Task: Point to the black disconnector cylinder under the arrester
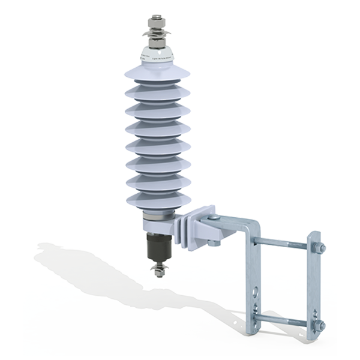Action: (158, 246)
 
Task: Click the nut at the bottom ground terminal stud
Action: (158, 274)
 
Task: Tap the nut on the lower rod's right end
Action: (322, 326)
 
